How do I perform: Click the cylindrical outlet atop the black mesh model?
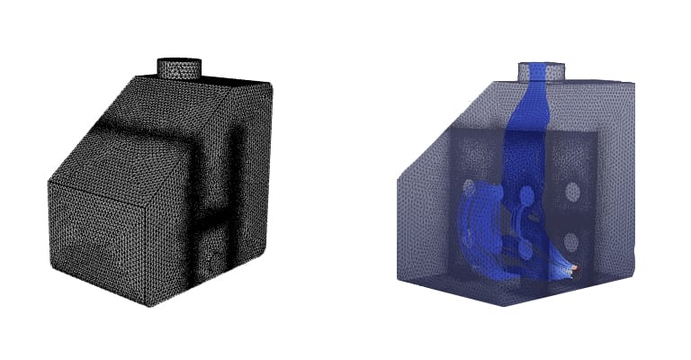pyautogui.click(x=180, y=67)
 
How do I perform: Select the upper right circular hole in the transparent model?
pyautogui.click(x=570, y=191)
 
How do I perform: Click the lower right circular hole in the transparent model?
pyautogui.click(x=570, y=240)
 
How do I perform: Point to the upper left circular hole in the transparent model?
pyautogui.click(x=469, y=189)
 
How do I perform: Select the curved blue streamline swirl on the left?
pyautogui.click(x=477, y=234)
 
